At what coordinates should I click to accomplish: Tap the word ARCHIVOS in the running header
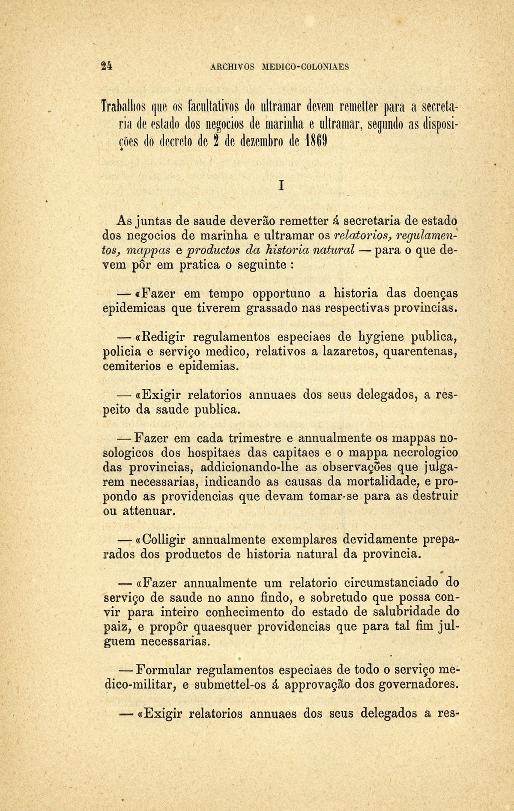coord(233,67)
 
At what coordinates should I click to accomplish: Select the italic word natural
coord(334,250)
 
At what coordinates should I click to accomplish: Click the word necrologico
coord(417,453)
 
